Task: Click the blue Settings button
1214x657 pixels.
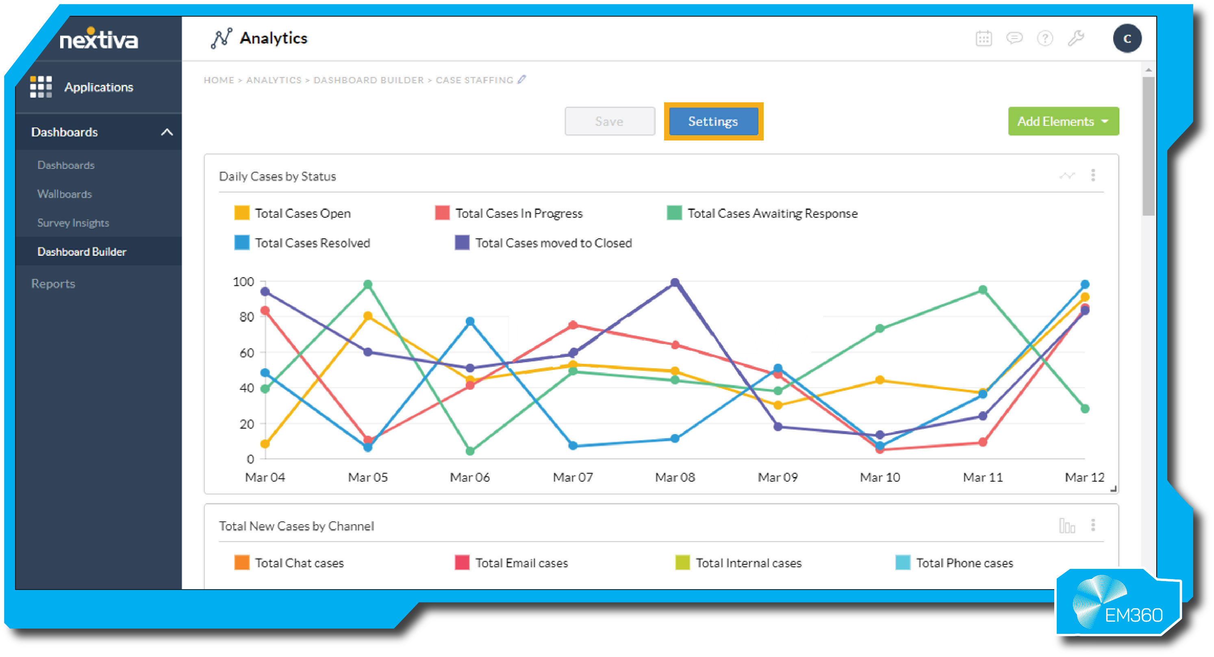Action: pos(712,121)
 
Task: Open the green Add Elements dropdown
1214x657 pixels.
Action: pos(1063,121)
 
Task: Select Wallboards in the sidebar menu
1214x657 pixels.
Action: pos(65,194)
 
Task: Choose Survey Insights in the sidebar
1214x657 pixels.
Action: pos(73,223)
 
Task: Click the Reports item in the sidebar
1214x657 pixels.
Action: pos(53,283)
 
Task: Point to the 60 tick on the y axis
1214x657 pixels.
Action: pos(246,353)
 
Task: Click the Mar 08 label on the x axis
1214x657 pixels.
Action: pos(674,477)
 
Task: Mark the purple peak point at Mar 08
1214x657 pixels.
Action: pos(674,283)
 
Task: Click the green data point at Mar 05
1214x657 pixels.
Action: pos(368,285)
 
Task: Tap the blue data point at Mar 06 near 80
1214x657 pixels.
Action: pos(470,322)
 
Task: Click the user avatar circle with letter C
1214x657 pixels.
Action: pos(1127,39)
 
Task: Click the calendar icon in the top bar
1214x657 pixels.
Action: pos(983,39)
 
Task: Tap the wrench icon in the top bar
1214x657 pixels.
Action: pos(1076,39)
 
